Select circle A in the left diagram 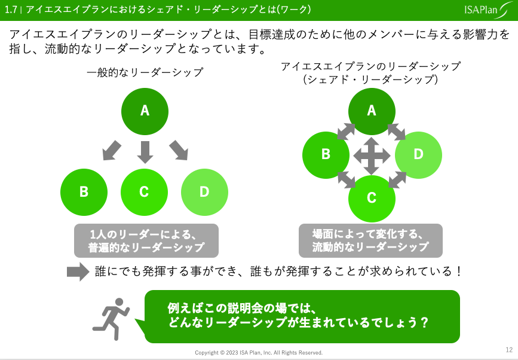tap(145, 111)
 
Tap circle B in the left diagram tap(84, 192)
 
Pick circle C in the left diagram tap(144, 192)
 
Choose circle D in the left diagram tap(204, 192)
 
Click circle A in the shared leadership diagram tap(372, 111)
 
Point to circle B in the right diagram tap(326, 154)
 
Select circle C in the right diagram tap(372, 198)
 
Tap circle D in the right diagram tap(418, 154)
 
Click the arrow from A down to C tap(145, 152)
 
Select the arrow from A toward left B tap(112, 151)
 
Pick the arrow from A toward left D tap(178, 151)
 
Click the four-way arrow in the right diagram tap(372, 155)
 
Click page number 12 tap(508, 350)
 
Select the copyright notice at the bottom tap(259, 352)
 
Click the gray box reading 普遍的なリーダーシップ tap(146, 240)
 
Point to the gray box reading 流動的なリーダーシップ tap(370, 240)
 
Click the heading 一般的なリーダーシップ tap(145, 73)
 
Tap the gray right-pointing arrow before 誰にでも tap(78, 271)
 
